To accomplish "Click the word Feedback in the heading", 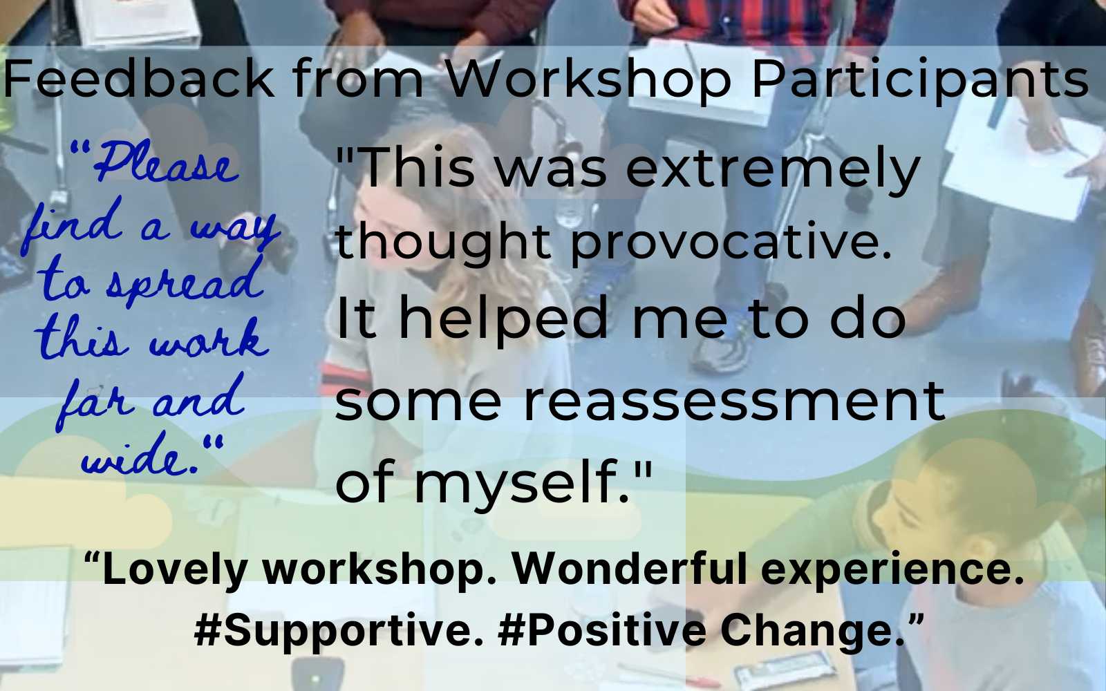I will point(138,77).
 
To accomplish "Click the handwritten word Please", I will point(166,166).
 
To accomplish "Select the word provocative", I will point(730,243).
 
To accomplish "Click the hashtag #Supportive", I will point(339,631).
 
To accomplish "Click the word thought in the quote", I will point(442,243).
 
